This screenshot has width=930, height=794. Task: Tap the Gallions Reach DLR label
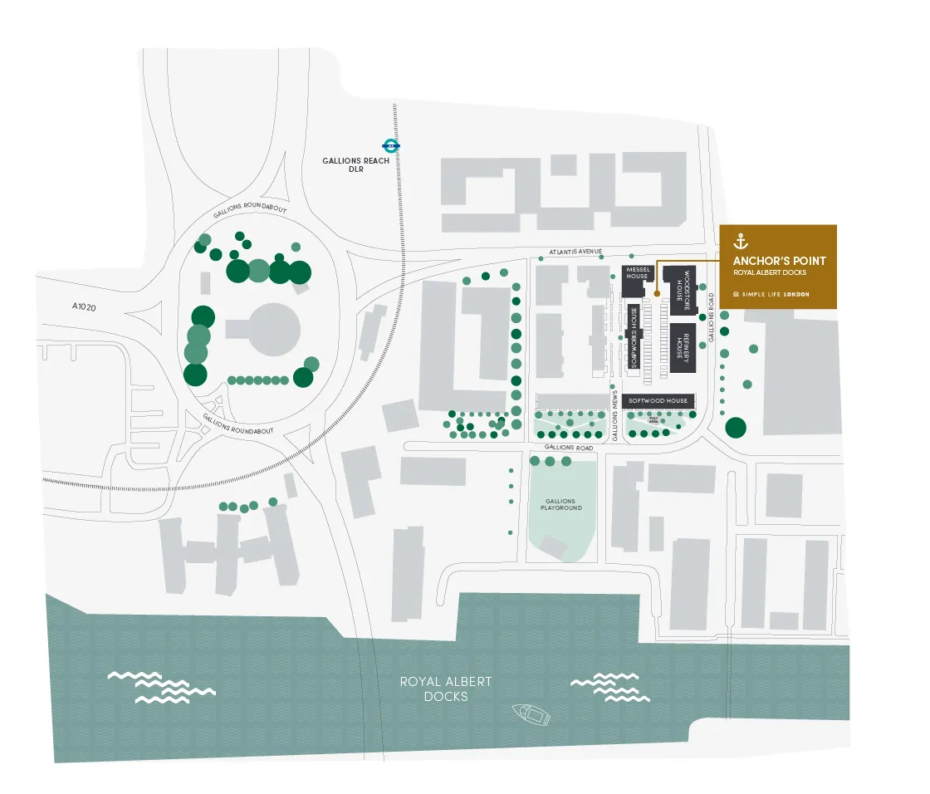tap(356, 165)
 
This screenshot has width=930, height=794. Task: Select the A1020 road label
tap(85, 306)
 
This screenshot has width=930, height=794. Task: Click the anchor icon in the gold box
tap(741, 242)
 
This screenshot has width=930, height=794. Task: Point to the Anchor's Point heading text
tap(779, 261)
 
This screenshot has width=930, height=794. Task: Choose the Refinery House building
tap(682, 347)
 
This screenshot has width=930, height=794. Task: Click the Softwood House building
tap(658, 400)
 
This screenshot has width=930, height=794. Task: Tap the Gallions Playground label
tap(562, 505)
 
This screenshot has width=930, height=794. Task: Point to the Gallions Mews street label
tap(615, 413)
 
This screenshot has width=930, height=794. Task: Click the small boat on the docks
tap(531, 713)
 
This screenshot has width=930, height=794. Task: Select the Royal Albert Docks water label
tap(445, 689)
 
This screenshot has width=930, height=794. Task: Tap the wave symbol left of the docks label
tap(162, 687)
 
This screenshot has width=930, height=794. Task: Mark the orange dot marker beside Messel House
tap(657, 293)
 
